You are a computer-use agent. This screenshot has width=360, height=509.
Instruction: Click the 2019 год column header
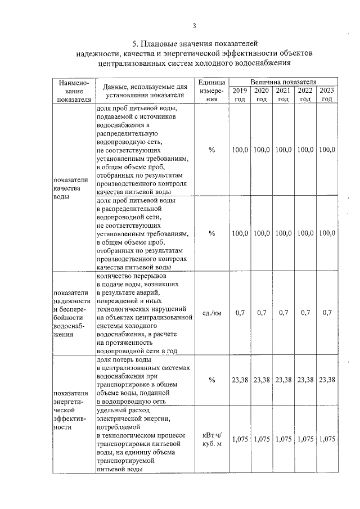[x=240, y=94]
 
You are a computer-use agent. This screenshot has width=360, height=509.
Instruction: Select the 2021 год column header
[x=283, y=94]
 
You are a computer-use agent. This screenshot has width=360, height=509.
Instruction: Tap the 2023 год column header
[x=327, y=94]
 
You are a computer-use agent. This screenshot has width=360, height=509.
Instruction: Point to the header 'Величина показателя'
[x=283, y=82]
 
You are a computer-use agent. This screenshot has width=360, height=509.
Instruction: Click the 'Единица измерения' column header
[x=211, y=90]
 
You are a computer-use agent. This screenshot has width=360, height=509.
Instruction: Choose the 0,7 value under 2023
[x=327, y=313]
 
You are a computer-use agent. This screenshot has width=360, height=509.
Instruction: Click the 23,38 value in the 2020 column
[x=262, y=380]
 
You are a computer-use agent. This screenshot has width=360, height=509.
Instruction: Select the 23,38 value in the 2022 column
[x=305, y=380]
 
